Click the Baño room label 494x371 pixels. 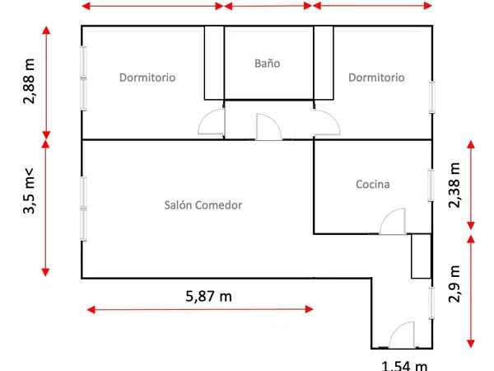[x=267, y=63]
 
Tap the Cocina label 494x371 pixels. [x=373, y=184]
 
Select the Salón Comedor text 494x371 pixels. [x=203, y=205]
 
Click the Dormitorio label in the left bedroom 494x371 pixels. [x=147, y=77]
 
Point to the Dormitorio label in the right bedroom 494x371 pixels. [x=376, y=77]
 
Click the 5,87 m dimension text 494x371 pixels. [x=208, y=296]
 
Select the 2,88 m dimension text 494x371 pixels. [x=29, y=81]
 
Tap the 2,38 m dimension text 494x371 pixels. [x=454, y=185]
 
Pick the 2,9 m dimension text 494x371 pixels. [x=454, y=284]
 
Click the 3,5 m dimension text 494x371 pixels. [x=28, y=191]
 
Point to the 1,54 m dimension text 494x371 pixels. [x=404, y=366]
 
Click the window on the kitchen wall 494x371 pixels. [x=431, y=185]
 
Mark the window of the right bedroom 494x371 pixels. [x=432, y=97]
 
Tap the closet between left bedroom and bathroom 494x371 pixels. [x=214, y=63]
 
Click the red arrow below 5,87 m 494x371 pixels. [x=200, y=309]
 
